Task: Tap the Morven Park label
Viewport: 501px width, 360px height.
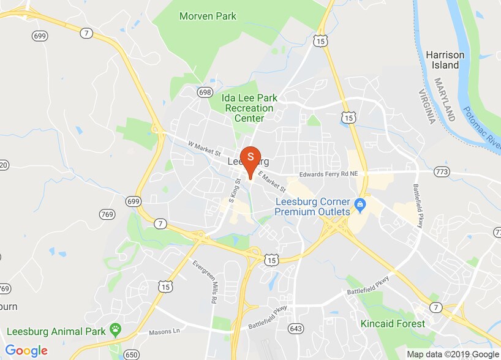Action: pos(208,16)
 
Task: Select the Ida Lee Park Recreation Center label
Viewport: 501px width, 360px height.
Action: pos(244,108)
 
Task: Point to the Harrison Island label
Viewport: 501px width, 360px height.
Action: pos(445,59)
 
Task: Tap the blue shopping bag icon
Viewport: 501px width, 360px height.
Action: pos(361,203)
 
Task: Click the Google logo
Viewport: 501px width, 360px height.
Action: pos(26,350)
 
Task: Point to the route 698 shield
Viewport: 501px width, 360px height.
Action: pos(205,92)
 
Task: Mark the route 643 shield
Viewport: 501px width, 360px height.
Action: pos(296,329)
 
